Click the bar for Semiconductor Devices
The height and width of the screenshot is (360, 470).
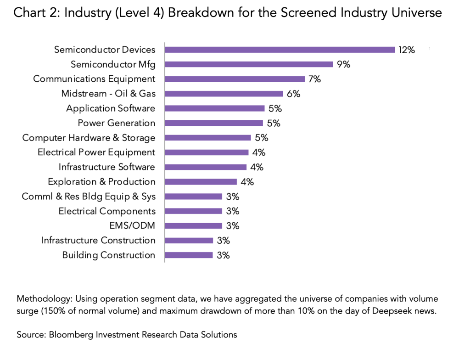[280, 50]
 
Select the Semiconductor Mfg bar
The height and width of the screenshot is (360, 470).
[249, 64]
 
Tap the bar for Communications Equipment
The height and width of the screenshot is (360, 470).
[235, 79]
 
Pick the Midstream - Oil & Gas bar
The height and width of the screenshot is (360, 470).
[224, 94]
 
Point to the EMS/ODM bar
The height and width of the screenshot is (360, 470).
[193, 226]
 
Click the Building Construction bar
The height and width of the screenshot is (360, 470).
[189, 255]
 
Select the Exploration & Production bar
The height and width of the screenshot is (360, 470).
[201, 182]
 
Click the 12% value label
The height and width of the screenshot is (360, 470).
[407, 50]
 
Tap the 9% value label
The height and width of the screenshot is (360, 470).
[344, 65]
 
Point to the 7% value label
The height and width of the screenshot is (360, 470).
[314, 79]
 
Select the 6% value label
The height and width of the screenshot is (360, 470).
[293, 94]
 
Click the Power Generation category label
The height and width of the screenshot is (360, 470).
[117, 123]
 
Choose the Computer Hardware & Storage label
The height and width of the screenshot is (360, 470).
[89, 138]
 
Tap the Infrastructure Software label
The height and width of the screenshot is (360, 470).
[107, 167]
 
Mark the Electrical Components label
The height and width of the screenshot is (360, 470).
[107, 211]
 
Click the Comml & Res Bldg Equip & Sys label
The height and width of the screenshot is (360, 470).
[89, 197]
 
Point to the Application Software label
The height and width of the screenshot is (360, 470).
[111, 108]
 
